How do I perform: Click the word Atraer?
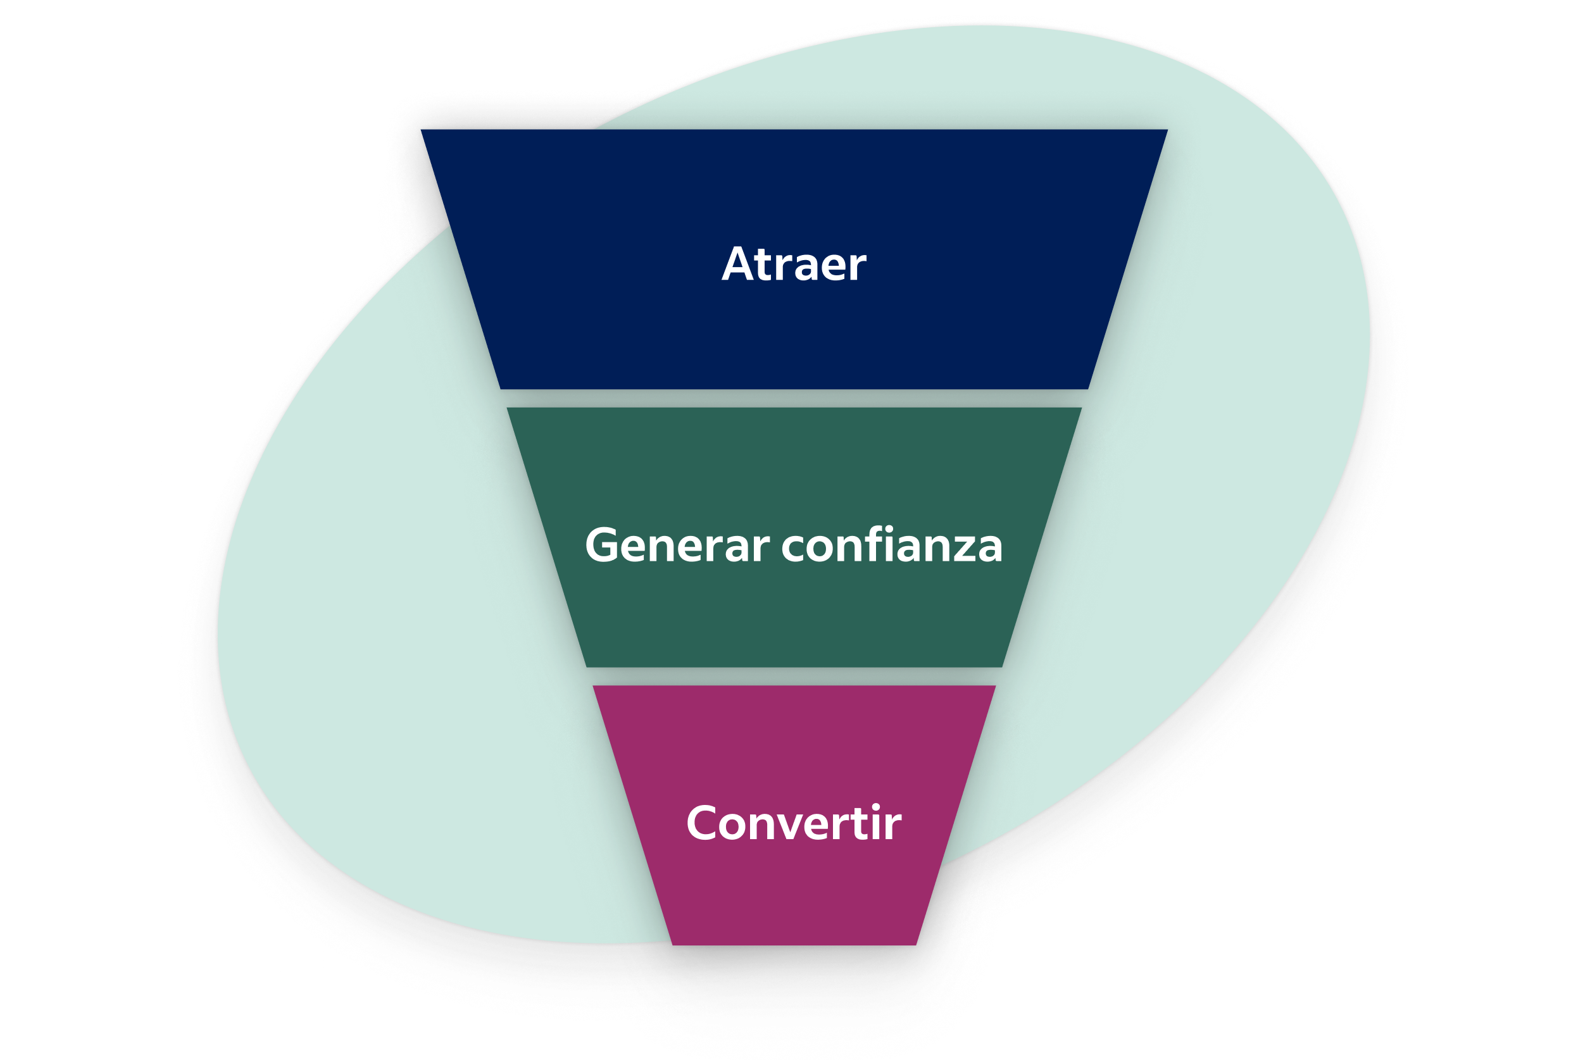[794, 264]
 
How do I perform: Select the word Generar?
[677, 544]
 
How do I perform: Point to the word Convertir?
[794, 823]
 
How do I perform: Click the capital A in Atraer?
[737, 264]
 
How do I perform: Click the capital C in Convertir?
[701, 823]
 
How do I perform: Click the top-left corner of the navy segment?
[421, 130]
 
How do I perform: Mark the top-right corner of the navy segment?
[1167, 130]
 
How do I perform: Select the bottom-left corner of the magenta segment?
[673, 945]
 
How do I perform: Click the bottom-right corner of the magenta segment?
[916, 945]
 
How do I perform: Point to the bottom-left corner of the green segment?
[587, 667]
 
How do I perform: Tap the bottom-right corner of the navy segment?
[1089, 389]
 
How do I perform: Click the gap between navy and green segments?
[794, 398]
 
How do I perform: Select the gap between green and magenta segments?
[794, 677]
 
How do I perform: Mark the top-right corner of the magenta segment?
[996, 686]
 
